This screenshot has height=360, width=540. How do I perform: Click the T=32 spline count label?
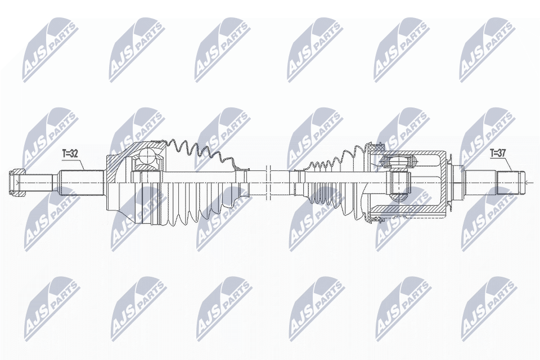coord(71,152)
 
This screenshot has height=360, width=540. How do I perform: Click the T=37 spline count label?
coord(498,152)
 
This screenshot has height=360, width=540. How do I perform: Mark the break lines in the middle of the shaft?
coord(267,181)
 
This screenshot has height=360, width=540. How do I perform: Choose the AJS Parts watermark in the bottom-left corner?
coord(51,307)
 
